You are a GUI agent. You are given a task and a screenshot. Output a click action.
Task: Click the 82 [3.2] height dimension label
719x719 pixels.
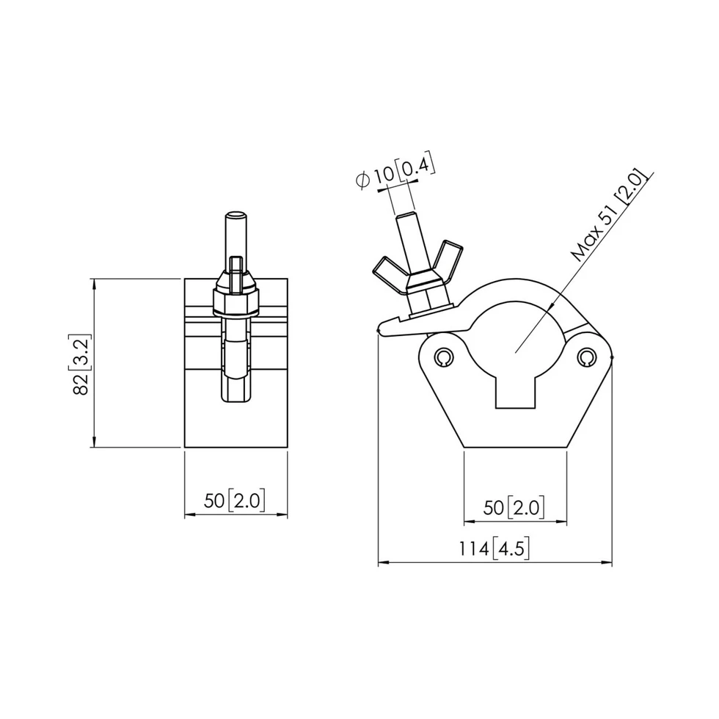coord(81,365)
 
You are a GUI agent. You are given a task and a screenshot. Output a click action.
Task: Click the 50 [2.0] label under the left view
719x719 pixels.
coord(235,501)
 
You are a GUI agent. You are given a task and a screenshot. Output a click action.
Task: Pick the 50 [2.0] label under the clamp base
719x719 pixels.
coord(514,507)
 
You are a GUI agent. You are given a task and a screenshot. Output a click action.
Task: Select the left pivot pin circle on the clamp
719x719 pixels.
coord(442,357)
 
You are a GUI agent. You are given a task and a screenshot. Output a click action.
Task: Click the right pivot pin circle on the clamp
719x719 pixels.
coord(585,357)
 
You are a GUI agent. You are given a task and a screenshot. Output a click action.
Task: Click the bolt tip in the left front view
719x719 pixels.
coord(235,216)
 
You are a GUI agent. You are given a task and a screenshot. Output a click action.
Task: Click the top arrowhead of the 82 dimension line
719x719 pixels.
coord(94,283)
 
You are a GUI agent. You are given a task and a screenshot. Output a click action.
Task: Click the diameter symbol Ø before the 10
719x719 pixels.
coord(362,180)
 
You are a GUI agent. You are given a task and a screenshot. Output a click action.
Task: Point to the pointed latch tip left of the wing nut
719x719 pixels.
coord(381,328)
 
